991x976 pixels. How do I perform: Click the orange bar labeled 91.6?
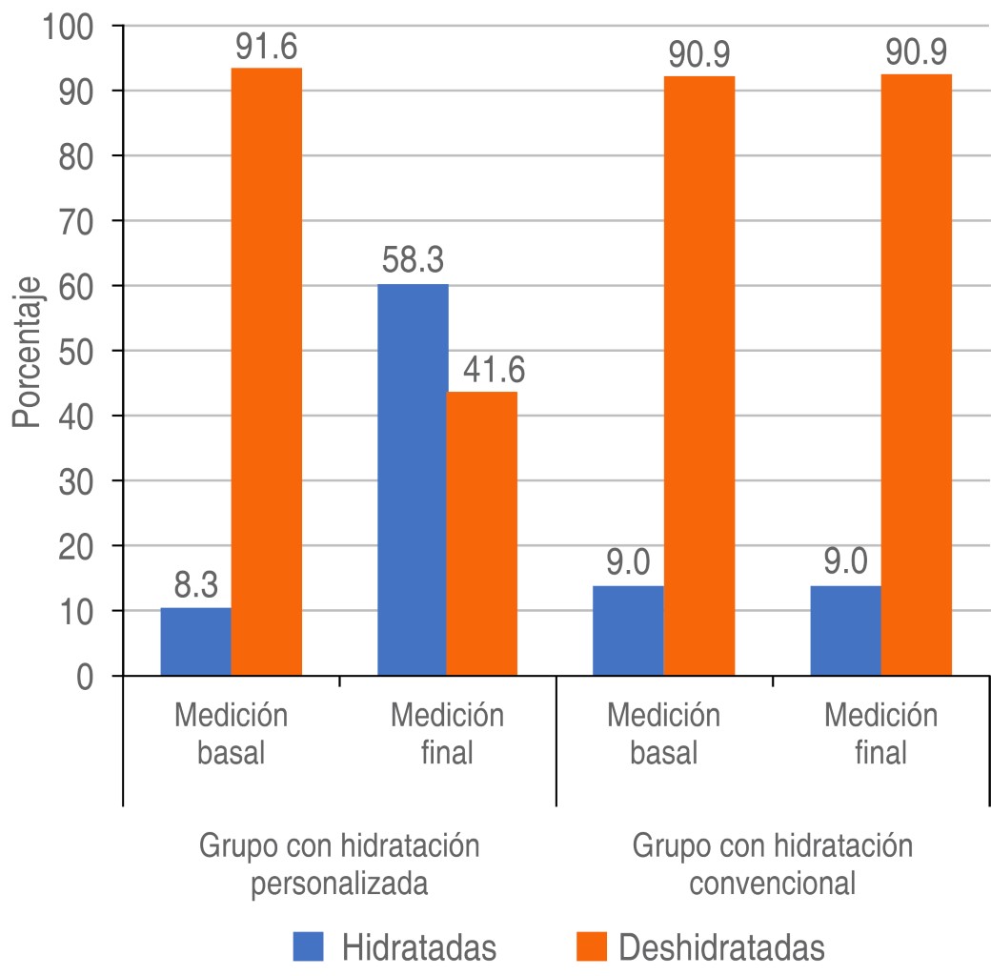(x=266, y=372)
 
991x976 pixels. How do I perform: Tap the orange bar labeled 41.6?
(x=482, y=534)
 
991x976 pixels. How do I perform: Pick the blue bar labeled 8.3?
(x=195, y=641)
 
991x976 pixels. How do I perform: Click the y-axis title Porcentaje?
(x=26, y=352)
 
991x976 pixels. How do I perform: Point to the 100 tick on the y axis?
(x=69, y=26)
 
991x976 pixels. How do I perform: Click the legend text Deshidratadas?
(x=720, y=946)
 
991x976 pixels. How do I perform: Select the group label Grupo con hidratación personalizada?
(x=338, y=864)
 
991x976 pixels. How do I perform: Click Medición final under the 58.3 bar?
(x=447, y=735)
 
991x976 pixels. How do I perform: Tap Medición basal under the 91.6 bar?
(x=231, y=735)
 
